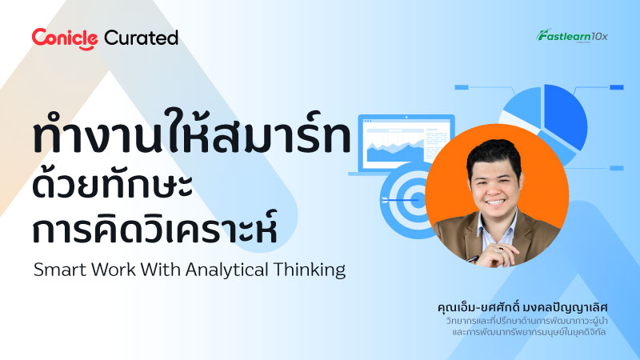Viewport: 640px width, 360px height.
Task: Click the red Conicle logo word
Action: point(65,37)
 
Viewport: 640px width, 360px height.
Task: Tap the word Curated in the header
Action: point(142,37)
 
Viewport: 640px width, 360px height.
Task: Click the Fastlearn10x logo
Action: point(573,35)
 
